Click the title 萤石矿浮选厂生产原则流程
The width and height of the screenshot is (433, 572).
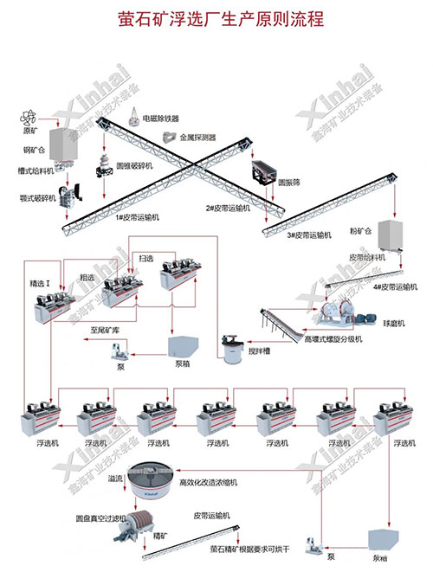[x=216, y=18]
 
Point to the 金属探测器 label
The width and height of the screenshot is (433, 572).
[x=198, y=138]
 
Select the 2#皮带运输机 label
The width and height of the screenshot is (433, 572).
[x=228, y=208]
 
